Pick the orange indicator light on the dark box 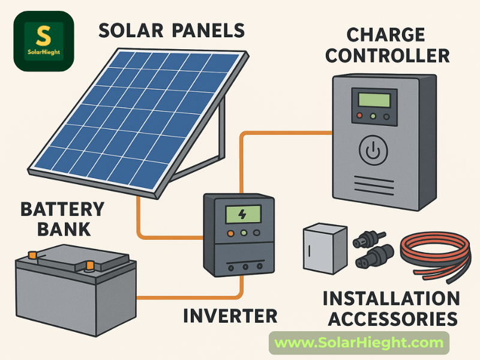point(229,233)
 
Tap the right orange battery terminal point(89,265)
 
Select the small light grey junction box point(323,248)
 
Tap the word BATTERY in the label point(62,210)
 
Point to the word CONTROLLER point(389,56)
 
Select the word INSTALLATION point(391,298)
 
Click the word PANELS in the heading point(208,29)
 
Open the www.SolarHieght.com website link point(359,343)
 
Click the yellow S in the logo point(43,35)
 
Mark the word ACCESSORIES point(391,319)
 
